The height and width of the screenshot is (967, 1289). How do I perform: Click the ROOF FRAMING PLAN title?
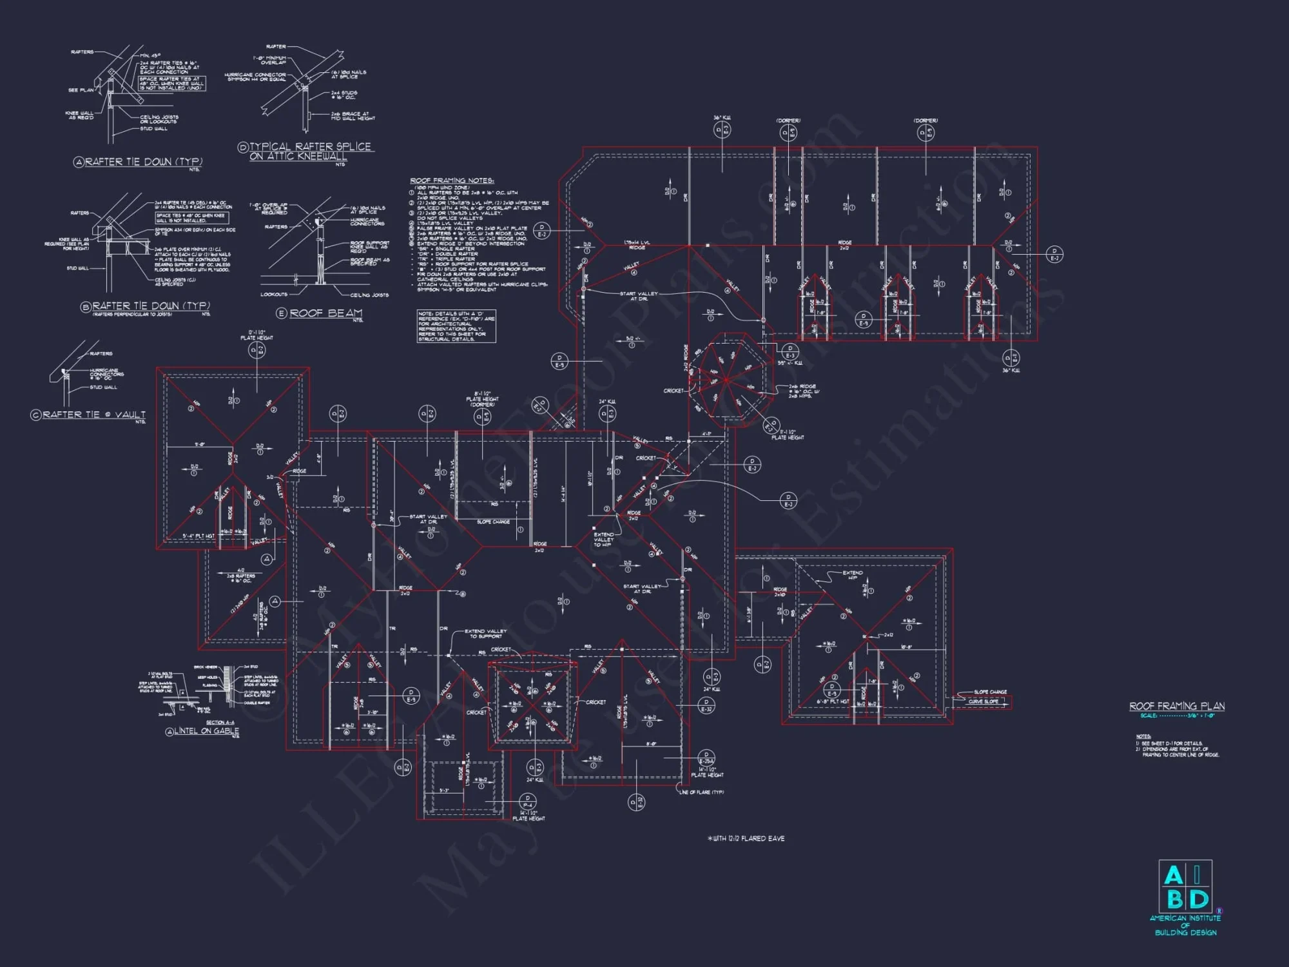[x=1177, y=707]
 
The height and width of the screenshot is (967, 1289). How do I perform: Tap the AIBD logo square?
[x=1185, y=886]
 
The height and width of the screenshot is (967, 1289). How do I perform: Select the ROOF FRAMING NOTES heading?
[x=452, y=181]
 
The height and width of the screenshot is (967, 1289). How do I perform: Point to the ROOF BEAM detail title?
[x=325, y=313]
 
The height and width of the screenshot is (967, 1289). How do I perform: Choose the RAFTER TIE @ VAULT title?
[x=94, y=415]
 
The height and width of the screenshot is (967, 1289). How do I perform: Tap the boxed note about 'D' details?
[x=456, y=326]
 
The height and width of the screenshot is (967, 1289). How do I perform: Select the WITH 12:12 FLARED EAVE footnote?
[x=746, y=839]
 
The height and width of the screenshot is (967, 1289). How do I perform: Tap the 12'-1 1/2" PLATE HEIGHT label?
[x=257, y=335]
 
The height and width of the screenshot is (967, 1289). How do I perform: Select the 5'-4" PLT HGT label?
[x=199, y=536]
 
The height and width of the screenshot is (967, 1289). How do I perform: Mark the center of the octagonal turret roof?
[x=726, y=380]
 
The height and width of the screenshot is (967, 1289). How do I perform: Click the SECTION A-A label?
[x=220, y=723]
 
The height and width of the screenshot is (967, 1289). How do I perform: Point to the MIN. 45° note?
[x=150, y=56]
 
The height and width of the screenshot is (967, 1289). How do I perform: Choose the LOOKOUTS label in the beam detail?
[x=274, y=295]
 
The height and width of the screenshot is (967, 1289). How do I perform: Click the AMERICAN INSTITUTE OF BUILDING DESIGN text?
[x=1185, y=925]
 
